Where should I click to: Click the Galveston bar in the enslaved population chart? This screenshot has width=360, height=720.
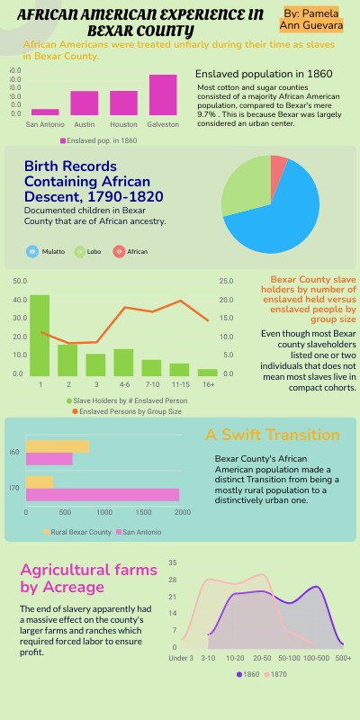163,94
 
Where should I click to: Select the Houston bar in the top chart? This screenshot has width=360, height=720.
123,102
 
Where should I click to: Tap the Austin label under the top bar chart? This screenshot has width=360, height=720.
85,123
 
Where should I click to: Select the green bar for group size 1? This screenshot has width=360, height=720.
40,333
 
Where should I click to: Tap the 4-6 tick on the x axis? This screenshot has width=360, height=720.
123,384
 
